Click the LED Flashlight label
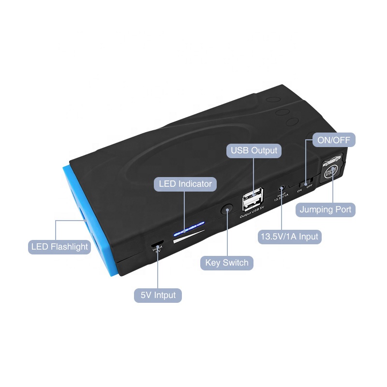pyautogui.click(x=60, y=247)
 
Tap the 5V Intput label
pyautogui.click(x=158, y=295)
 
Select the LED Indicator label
pyautogui.click(x=185, y=184)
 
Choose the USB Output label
pyautogui.click(x=254, y=150)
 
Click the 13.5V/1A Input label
pyautogui.click(x=289, y=237)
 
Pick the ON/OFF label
pyautogui.click(x=334, y=140)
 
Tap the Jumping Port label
pyautogui.click(x=326, y=209)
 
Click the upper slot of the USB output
pyautogui.click(x=254, y=194)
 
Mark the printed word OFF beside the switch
pyautogui.click(x=310, y=187)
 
